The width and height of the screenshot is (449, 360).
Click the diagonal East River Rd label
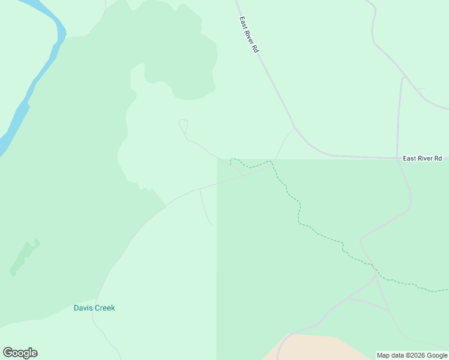tap(249, 35)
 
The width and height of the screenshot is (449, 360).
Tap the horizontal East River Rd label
tap(422, 158)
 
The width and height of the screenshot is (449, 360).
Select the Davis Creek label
tap(94, 308)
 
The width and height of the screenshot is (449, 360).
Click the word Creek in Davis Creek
tap(105, 308)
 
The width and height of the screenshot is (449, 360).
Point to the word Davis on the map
tap(83, 308)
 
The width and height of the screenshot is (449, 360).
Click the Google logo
tap(20, 353)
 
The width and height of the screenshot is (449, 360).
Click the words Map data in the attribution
tap(391, 355)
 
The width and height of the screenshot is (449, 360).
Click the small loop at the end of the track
tap(184, 126)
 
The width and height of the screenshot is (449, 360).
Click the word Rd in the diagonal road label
tap(255, 49)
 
